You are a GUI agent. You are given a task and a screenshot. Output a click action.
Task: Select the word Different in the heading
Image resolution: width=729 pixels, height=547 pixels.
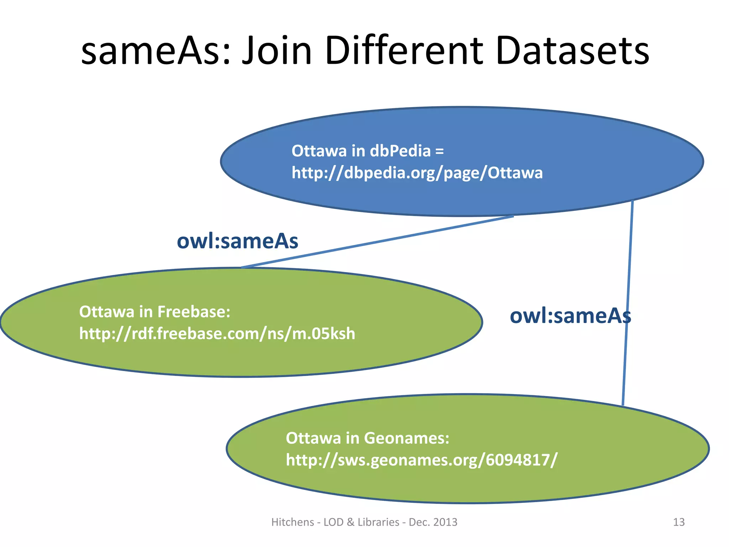404,52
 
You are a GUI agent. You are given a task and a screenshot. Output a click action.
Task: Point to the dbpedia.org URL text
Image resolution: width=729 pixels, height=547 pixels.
417,173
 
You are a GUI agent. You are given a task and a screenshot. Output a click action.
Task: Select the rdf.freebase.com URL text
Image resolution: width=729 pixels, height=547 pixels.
217,334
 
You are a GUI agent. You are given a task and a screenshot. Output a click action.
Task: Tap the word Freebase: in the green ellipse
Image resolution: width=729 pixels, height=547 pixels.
194,312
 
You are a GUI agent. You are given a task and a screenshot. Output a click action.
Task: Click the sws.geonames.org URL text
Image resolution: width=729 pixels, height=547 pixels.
421,460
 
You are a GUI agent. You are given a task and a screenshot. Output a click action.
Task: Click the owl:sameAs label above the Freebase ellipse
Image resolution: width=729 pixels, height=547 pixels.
237,241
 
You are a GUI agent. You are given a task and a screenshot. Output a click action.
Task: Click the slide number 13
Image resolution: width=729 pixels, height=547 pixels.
678,522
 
